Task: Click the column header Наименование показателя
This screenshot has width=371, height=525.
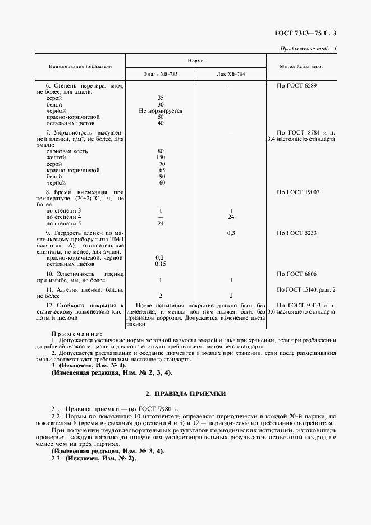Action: pyautogui.click(x=80, y=66)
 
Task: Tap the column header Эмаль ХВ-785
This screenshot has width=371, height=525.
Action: pyautogui.click(x=161, y=74)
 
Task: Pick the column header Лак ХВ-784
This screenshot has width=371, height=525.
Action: pyautogui.click(x=231, y=74)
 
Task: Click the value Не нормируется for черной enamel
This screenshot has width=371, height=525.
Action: pyautogui.click(x=161, y=110)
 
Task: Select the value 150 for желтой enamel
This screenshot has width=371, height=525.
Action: pyautogui.click(x=161, y=158)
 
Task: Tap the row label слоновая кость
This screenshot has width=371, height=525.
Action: pyautogui.click(x=67, y=151)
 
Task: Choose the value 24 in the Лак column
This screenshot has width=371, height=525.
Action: pyautogui.click(x=231, y=217)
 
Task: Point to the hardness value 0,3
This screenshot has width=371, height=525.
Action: pyautogui.click(x=231, y=232)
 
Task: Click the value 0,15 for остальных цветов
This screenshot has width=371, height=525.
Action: pyautogui.click(x=161, y=263)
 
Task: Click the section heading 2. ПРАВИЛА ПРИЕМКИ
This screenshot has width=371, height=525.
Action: pyautogui.click(x=185, y=394)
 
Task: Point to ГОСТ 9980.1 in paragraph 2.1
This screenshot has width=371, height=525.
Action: pyautogui.click(x=160, y=409)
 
